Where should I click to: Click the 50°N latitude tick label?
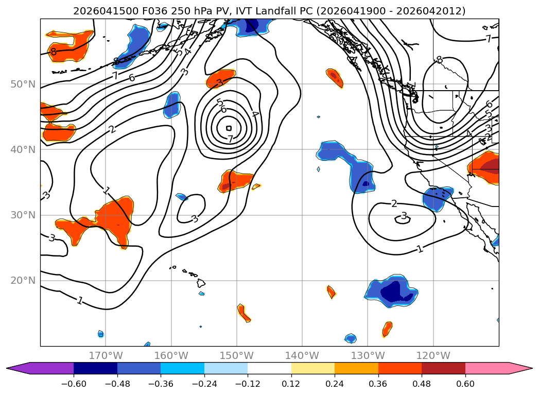pos(23,84)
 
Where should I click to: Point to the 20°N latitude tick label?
pos(23,281)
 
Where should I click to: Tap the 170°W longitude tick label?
pos(106,355)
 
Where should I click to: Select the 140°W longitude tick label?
pos(302,355)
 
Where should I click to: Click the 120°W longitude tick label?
pos(433,355)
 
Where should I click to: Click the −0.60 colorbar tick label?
pos(74,384)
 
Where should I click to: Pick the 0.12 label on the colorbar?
pos(291,384)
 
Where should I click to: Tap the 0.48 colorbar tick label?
pos(422,384)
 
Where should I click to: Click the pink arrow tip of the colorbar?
pos(532,368)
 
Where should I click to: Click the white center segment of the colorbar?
pos(270,368)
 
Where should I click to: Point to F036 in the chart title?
pos(154,11)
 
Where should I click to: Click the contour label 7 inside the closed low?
pos(230,139)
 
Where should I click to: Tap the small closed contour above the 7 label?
pos(229,128)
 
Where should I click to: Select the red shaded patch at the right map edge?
pos(484,168)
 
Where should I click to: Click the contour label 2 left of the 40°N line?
pos(112,130)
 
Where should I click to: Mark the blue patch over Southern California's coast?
pos(437,198)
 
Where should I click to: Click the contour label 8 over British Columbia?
pos(439,60)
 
